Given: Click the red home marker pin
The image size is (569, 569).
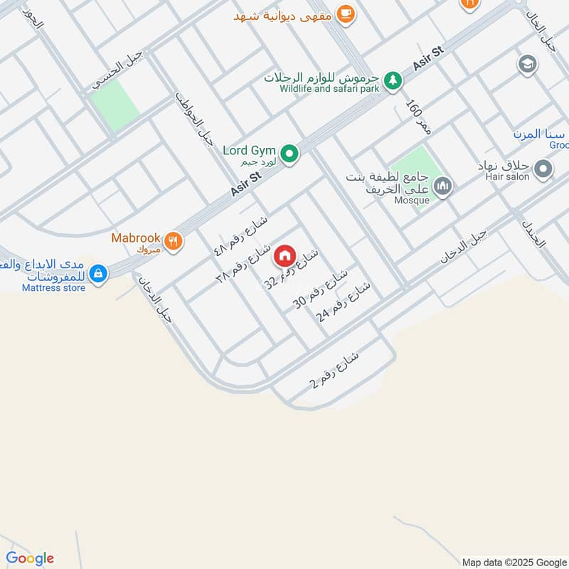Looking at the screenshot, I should point(284,255).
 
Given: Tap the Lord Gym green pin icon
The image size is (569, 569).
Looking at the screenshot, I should point(289,153).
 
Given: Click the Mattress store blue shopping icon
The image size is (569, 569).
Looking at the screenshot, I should point(99,272).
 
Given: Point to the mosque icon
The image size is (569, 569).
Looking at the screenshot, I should point(443,187).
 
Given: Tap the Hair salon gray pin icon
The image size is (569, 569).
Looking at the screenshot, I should point(543,169).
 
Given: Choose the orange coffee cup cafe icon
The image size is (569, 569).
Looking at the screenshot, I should point(345,14).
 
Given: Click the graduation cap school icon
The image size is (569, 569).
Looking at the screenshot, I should point(528,65).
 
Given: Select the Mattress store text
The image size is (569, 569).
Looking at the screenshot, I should point(53,288).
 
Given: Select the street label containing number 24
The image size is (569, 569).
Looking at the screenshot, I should point(344,302).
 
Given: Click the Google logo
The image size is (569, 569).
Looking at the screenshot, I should point(30,558).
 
